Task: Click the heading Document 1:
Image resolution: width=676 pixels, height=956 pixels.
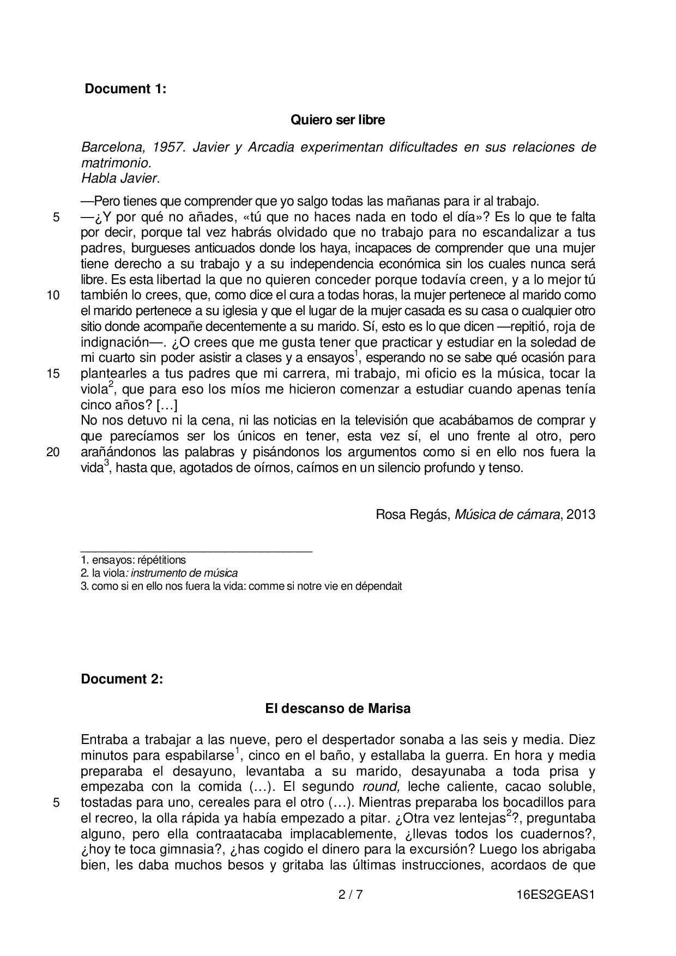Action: coord(125,89)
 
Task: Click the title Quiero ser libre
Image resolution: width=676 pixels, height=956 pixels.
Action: coord(337,120)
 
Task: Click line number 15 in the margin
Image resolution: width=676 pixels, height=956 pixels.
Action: coord(53,374)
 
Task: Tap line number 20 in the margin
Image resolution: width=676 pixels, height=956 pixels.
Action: coord(53,452)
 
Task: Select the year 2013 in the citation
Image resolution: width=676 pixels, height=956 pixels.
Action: coord(581,515)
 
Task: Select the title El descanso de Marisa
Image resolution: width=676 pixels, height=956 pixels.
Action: coord(337,709)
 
